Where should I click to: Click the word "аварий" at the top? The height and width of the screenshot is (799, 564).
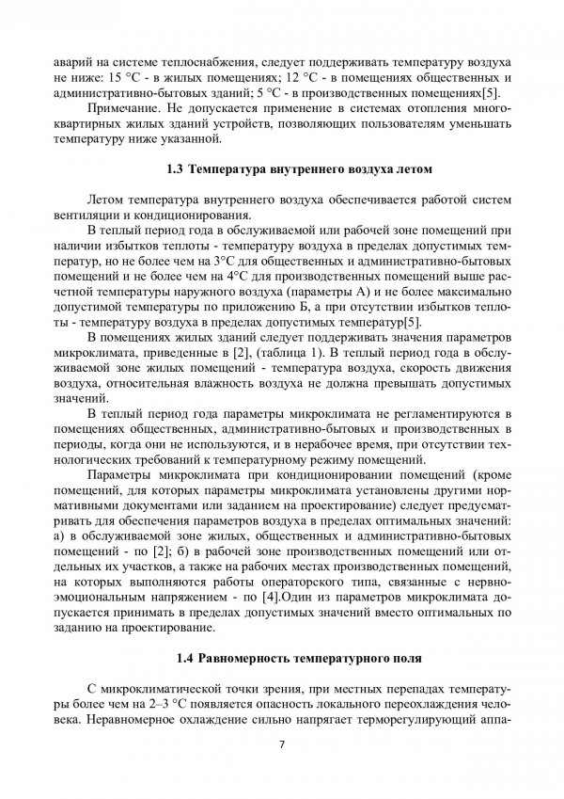[74, 59]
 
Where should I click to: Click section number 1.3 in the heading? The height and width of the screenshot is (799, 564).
[174, 170]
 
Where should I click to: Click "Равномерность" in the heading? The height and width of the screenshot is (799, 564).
[247, 658]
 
